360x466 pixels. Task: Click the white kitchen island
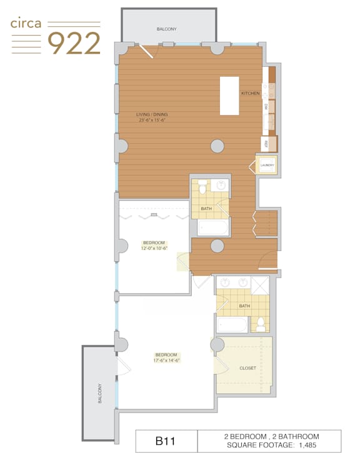[x=229, y=96]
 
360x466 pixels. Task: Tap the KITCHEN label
[x=251, y=93]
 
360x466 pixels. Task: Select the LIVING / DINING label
[x=152, y=114]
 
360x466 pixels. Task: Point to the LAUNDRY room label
[x=267, y=165]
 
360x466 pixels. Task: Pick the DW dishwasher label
[x=266, y=107]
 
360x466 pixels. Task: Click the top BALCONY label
[x=167, y=29]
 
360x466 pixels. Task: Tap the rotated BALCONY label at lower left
[x=100, y=393]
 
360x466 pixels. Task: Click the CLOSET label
[x=247, y=368]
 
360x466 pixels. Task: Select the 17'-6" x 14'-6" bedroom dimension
[x=167, y=360]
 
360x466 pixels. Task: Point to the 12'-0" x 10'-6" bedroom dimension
[x=154, y=248]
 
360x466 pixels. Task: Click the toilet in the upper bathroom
[x=202, y=186]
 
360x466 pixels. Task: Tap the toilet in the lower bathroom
[x=261, y=325]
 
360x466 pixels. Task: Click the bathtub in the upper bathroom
[x=213, y=228]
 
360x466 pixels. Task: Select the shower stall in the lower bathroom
[x=260, y=285]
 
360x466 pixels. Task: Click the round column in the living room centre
[x=217, y=146]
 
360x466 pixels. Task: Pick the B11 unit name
[x=166, y=441]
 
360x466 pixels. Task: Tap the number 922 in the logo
[x=74, y=43]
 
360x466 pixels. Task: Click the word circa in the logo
[x=26, y=24]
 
